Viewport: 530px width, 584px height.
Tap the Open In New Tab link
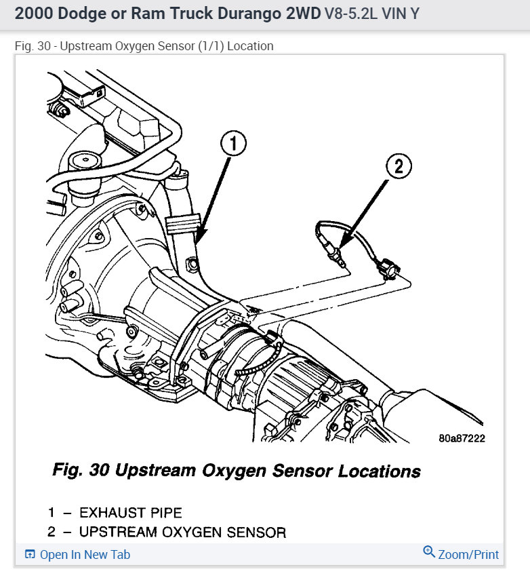(85, 554)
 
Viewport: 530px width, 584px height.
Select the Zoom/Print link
(468, 554)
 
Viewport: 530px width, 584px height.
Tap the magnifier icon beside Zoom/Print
(428, 552)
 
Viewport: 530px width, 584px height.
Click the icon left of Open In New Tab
(30, 554)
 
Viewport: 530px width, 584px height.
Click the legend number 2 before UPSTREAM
(52, 532)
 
